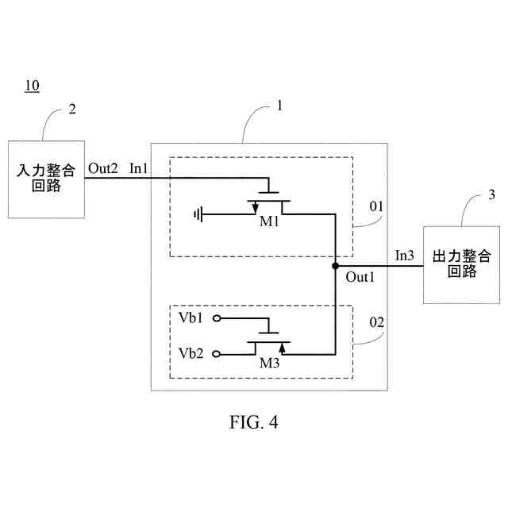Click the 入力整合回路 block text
46,178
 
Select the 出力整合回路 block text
462,264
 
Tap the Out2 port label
102,168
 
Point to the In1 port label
138,168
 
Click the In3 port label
404,256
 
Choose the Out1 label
360,277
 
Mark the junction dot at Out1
335,266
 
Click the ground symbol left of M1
198,214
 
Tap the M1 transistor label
269,221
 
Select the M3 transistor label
269,364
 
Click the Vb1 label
190,317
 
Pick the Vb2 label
190,353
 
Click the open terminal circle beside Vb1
217,318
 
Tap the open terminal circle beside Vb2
217,354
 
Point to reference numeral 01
376,206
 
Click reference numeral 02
376,322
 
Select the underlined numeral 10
32,86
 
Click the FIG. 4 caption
254,422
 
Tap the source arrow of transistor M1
255,208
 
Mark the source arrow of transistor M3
283,348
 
